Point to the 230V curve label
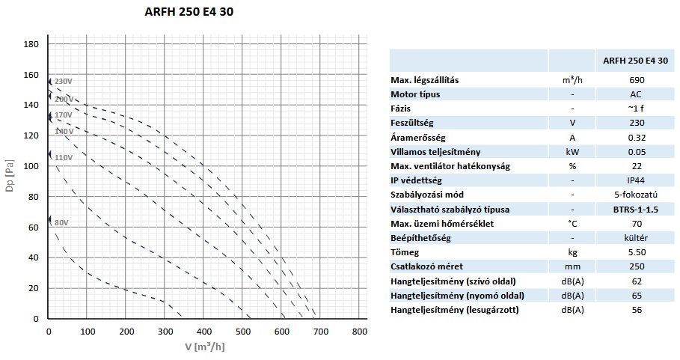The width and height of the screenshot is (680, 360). pyautogui.click(x=64, y=81)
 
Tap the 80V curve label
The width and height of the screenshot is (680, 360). pyautogui.click(x=61, y=222)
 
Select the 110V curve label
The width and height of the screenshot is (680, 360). pyautogui.click(x=64, y=157)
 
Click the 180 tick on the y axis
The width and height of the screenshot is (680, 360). pyautogui.click(x=31, y=44)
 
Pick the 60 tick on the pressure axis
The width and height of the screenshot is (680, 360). pyautogui.click(x=34, y=228)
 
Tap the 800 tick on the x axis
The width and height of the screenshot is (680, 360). pyautogui.click(x=359, y=331)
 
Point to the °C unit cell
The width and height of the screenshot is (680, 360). pyautogui.click(x=572, y=223)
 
